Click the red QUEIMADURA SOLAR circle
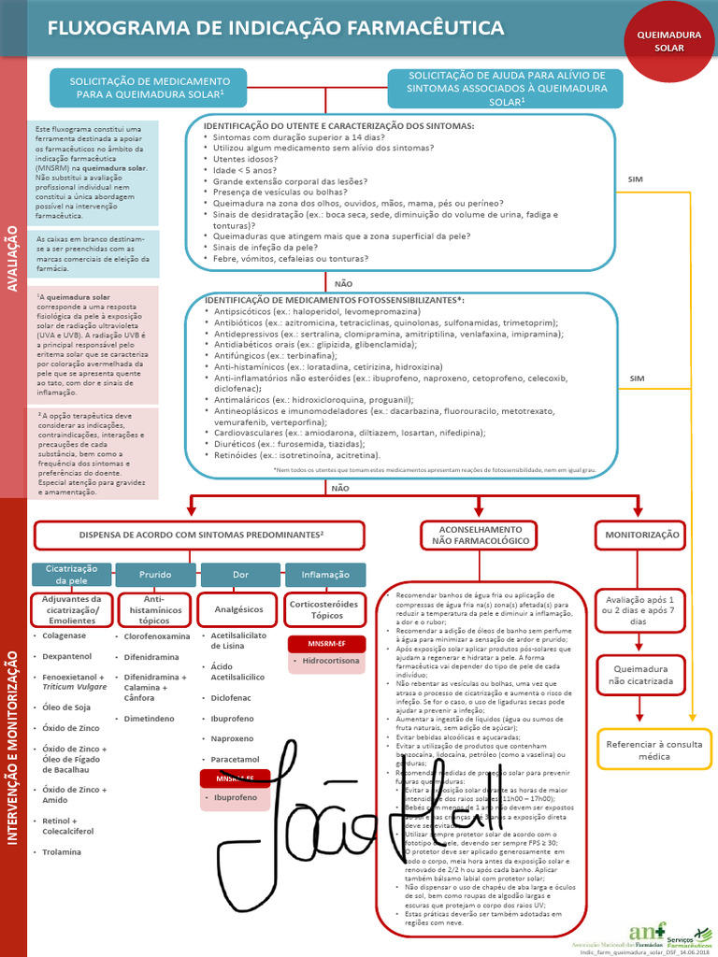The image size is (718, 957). click(668, 40)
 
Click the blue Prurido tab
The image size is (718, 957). click(155, 574)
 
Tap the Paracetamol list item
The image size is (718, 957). click(234, 759)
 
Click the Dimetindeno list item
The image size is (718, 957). click(149, 719)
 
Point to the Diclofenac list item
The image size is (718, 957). click(232, 697)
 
